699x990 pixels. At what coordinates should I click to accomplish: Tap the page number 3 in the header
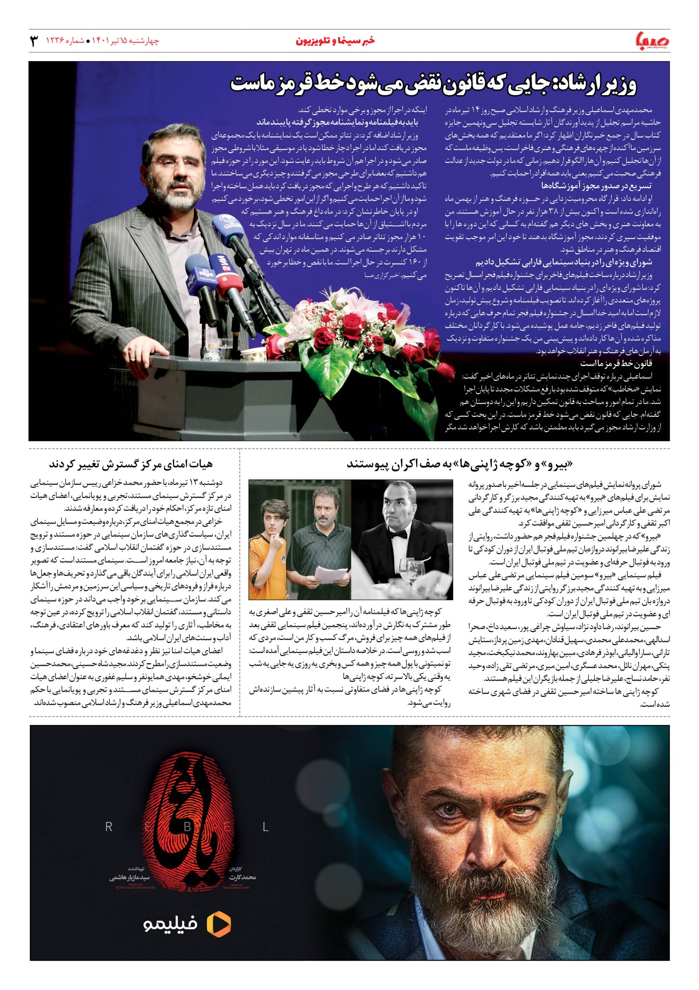click(34, 42)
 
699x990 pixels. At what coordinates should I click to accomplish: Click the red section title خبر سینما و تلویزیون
click(335, 41)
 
